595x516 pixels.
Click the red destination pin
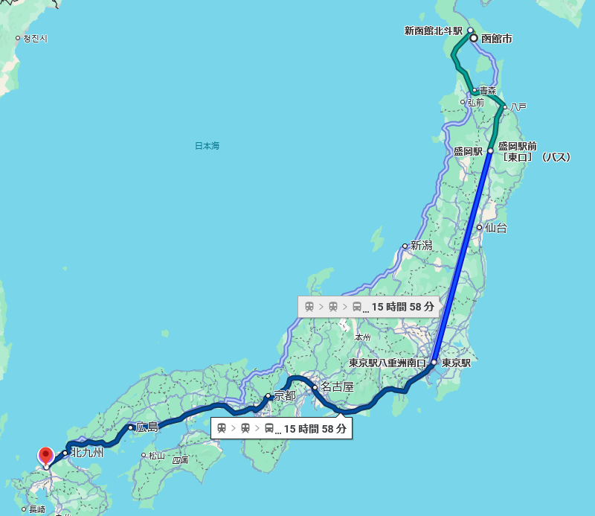point(45,455)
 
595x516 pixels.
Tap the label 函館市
point(498,38)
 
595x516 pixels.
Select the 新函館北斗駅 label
point(434,31)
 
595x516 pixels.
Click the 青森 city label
point(487,90)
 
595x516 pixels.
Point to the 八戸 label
point(518,107)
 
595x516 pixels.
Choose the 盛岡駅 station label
point(468,151)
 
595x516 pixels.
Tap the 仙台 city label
point(496,228)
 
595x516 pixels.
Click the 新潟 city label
point(421,246)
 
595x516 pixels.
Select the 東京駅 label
point(456,363)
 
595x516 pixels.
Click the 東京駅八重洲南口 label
point(387,363)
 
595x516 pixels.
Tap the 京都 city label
point(285,395)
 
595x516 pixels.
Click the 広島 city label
point(147,427)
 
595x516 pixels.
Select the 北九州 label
point(86,452)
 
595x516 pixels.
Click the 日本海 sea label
point(207,146)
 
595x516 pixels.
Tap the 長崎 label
point(36,509)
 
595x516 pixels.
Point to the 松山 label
point(156,456)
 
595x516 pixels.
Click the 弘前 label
point(475,102)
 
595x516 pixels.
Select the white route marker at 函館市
point(473,38)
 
